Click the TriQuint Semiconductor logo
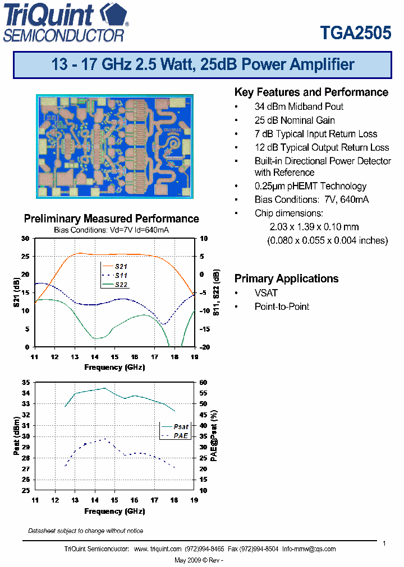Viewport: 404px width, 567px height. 66,22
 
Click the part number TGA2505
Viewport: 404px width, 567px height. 355,32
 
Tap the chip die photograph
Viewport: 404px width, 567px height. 116,146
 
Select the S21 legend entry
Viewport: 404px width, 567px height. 121,266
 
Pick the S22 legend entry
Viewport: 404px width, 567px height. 121,285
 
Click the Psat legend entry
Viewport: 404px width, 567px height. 181,426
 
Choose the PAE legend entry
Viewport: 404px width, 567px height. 181,435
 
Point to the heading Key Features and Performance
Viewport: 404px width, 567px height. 311,92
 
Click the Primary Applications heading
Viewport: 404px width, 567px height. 286,278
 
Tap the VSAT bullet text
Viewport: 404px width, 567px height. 266,293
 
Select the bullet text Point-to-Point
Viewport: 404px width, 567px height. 282,306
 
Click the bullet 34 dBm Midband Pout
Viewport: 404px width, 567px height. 299,106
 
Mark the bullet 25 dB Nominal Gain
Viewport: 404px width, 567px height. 295,120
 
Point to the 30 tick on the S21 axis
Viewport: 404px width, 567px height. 25,239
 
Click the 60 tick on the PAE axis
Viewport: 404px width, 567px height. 204,382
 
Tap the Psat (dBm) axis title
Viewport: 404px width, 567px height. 17,436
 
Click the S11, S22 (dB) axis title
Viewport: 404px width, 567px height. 214,292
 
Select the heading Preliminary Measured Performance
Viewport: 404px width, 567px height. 111,219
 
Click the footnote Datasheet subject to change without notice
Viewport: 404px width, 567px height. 85,531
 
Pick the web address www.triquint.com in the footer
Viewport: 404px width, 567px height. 158,549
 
